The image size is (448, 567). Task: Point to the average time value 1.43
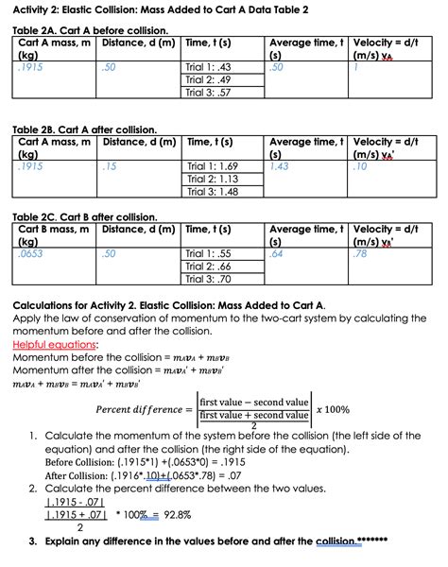(x=279, y=166)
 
